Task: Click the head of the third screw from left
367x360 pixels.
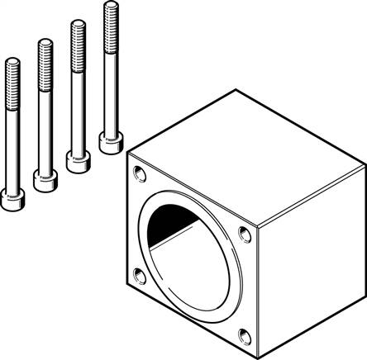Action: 77,160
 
